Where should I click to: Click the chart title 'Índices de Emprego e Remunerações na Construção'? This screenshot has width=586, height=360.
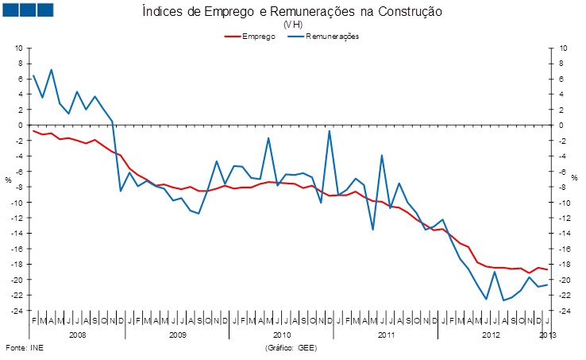pyautogui.click(x=291, y=11)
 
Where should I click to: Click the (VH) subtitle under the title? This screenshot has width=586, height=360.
pyautogui.click(x=291, y=25)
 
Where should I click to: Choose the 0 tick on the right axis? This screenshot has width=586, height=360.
pyautogui.click(x=557, y=125)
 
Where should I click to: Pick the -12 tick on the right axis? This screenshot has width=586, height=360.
pyautogui.click(x=560, y=218)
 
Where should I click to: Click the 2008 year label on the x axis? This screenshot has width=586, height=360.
pyautogui.click(x=77, y=336)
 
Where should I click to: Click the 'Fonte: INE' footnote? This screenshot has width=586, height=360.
pyautogui.click(x=23, y=348)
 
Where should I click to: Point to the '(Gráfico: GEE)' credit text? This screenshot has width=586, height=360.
pyautogui.click(x=291, y=348)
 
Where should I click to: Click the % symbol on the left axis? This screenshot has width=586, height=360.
pyautogui.click(x=9, y=180)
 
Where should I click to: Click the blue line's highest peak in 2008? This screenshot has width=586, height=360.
pyautogui.click(x=51, y=70)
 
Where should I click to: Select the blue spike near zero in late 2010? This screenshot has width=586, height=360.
pyautogui.click(x=330, y=131)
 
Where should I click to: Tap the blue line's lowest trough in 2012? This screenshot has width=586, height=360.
pyautogui.click(x=503, y=300)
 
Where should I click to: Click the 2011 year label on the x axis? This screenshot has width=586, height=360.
pyautogui.click(x=386, y=336)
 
